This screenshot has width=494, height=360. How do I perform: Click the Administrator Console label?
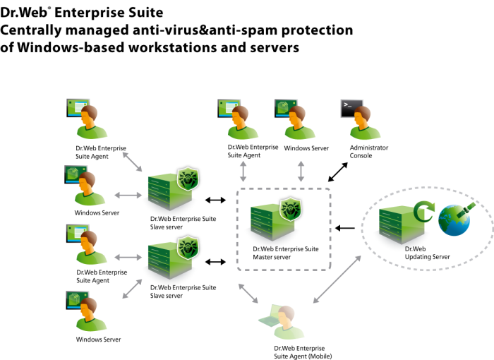pos(368,152)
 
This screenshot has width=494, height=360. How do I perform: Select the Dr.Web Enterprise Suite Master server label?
pos(285,253)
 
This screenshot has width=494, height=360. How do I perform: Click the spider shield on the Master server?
pos(290,208)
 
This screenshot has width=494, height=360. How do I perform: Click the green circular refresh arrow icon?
pos(423,212)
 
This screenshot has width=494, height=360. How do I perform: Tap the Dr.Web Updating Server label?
pos(427,253)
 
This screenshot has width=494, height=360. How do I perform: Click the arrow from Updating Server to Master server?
pos(345,228)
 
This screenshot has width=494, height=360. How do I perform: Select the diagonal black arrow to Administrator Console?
pos(338,172)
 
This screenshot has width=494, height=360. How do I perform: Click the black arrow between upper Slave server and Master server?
pos(215,200)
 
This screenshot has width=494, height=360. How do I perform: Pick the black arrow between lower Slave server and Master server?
pos(215,262)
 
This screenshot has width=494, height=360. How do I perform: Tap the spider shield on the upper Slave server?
pos(188,179)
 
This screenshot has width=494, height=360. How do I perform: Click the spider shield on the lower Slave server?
pos(188,247)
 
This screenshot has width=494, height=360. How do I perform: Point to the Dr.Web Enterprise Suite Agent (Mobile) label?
pos(303,352)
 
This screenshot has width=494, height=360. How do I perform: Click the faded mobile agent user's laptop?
pos(270,316)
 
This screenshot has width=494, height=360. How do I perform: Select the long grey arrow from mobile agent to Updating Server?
pos(337,280)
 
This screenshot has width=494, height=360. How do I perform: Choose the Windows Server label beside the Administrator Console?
pos(306,148)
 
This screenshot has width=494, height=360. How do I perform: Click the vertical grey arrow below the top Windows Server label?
pos(301,172)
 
